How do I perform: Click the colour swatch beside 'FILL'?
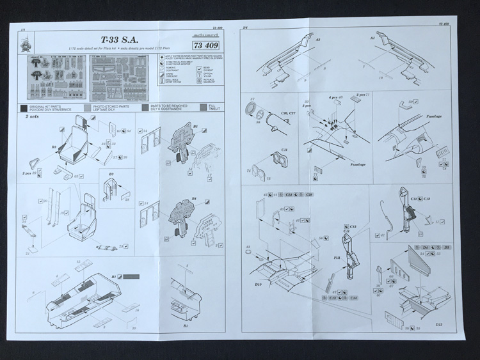(x=204, y=106)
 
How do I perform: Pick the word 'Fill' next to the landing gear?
(x=335, y=259)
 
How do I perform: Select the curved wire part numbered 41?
(x=382, y=217)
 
